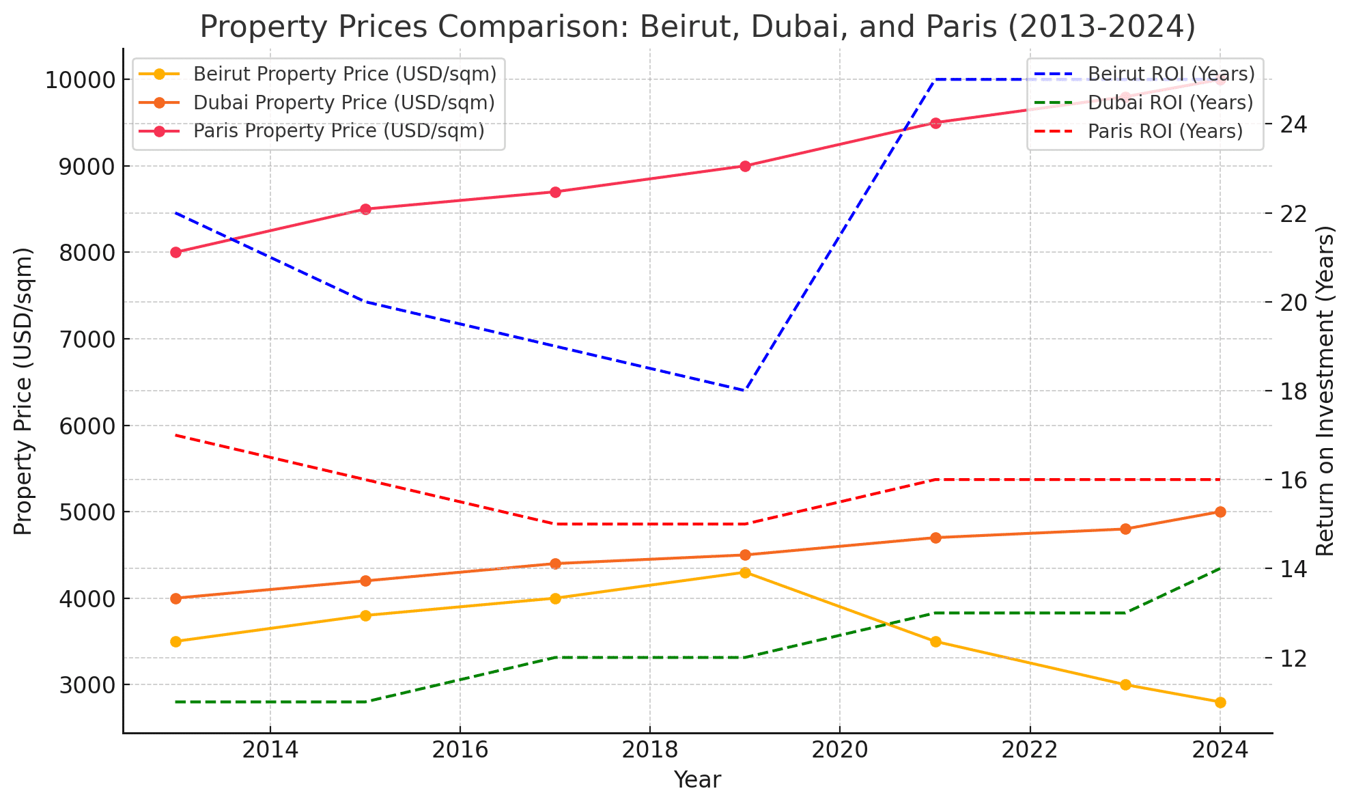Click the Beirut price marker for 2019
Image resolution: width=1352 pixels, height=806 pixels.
745,572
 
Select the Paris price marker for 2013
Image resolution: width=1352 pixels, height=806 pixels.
175,252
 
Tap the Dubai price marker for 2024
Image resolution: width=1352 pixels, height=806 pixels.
1220,512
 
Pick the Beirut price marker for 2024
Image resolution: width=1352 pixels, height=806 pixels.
1220,702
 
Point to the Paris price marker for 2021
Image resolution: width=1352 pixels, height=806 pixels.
935,123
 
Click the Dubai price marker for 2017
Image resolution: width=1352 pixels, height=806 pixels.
555,564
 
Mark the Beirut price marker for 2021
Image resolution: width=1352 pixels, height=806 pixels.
935,641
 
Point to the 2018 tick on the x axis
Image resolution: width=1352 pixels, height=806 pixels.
649,750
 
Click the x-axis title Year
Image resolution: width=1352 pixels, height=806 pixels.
697,780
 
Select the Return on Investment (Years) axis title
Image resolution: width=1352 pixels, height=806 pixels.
1325,391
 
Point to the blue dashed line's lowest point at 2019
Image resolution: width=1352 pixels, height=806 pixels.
745,391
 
